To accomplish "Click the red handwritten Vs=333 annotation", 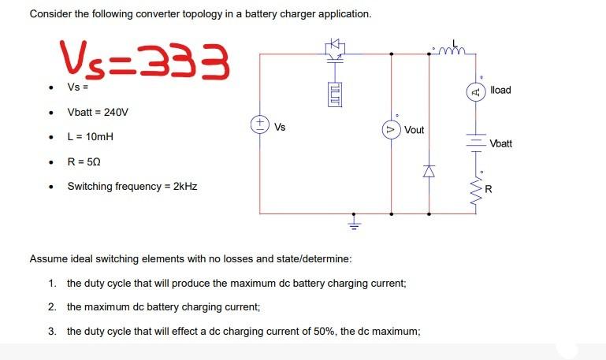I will (144, 59).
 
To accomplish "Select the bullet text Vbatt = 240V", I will (97, 112).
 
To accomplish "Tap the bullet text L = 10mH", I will (91, 136).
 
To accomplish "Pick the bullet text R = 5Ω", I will (84, 161).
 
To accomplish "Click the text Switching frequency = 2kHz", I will (132, 187).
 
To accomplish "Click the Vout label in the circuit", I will (415, 130).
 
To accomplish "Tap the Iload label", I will (500, 91).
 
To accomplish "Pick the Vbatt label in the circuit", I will (500, 144).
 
